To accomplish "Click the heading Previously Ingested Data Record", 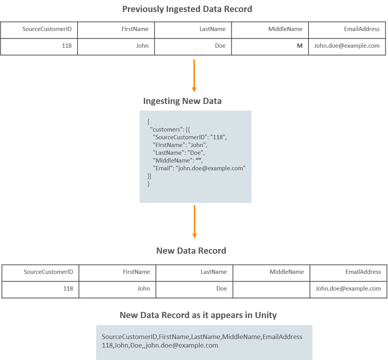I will (187, 9).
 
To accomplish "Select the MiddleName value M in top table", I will (300, 46).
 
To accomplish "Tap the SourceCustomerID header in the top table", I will (47, 29).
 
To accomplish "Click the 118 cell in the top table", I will (67, 46).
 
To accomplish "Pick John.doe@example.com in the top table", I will (347, 46).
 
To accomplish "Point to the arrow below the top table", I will (194, 76).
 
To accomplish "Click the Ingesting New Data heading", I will (182, 101).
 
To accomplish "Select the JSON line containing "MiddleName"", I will (178, 160).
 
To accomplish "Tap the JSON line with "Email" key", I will (199, 168).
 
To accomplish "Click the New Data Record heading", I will (191, 251).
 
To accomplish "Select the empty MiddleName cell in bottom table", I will (271, 289).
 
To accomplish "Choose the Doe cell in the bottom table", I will (222, 289).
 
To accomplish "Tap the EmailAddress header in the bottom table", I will (363, 272).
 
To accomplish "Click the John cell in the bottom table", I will (143, 289).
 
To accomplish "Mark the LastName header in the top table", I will (212, 29).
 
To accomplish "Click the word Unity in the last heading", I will (266, 315).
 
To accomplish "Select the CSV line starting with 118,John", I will (160, 345).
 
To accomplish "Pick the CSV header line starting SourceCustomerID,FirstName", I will (202, 337).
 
